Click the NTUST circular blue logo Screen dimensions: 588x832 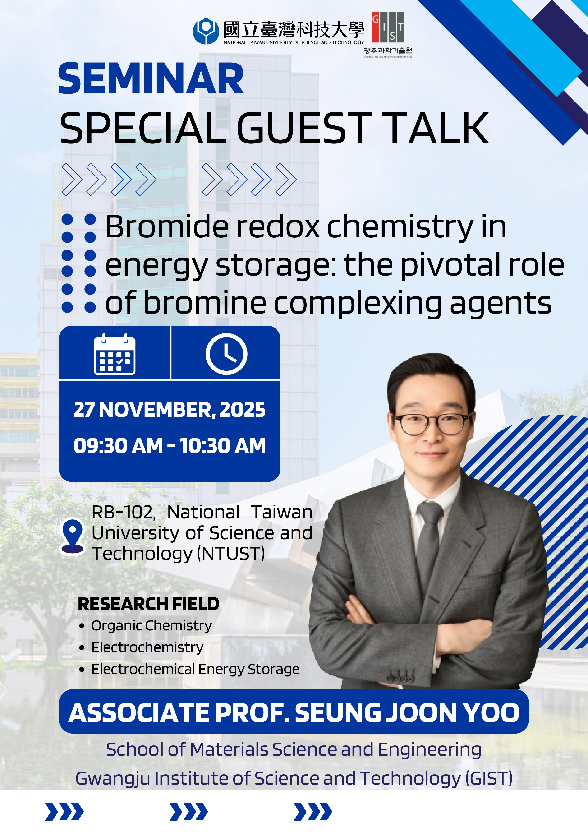click(x=206, y=31)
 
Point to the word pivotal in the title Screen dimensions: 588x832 click(x=451, y=265)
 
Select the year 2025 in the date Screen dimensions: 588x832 click(x=242, y=410)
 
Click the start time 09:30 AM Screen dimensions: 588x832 click(x=118, y=446)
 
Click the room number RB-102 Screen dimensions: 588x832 click(x=124, y=512)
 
